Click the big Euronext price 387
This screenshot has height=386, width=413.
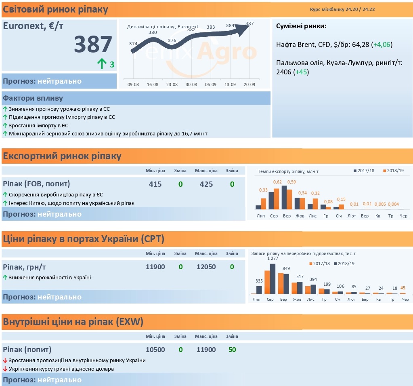coord(93,44)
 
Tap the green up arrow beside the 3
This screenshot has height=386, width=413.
coord(102,64)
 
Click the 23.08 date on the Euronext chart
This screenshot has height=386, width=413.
coord(172,84)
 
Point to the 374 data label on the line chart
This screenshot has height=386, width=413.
coord(133,44)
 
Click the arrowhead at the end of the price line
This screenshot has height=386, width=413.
coord(243,30)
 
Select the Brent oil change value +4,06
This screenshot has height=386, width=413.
coord(382,44)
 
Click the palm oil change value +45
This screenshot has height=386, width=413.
coord(301,72)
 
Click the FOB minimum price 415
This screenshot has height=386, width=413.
coord(155,184)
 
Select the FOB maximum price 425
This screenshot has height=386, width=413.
coord(206,184)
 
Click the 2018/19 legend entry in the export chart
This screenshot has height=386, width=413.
coord(393,171)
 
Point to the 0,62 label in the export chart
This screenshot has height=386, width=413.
coord(277,182)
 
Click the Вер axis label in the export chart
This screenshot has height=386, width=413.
coord(287,216)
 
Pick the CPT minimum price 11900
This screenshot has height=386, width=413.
coord(155,267)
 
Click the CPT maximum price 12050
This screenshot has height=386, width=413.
coord(206,267)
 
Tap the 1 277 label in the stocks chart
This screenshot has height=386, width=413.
coord(273,258)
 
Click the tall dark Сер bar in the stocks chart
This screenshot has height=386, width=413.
coord(273,279)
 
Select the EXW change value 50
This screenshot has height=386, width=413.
coord(232,350)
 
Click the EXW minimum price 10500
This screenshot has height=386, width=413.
coord(155,350)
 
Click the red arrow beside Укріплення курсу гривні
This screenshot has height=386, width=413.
coord(5,369)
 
